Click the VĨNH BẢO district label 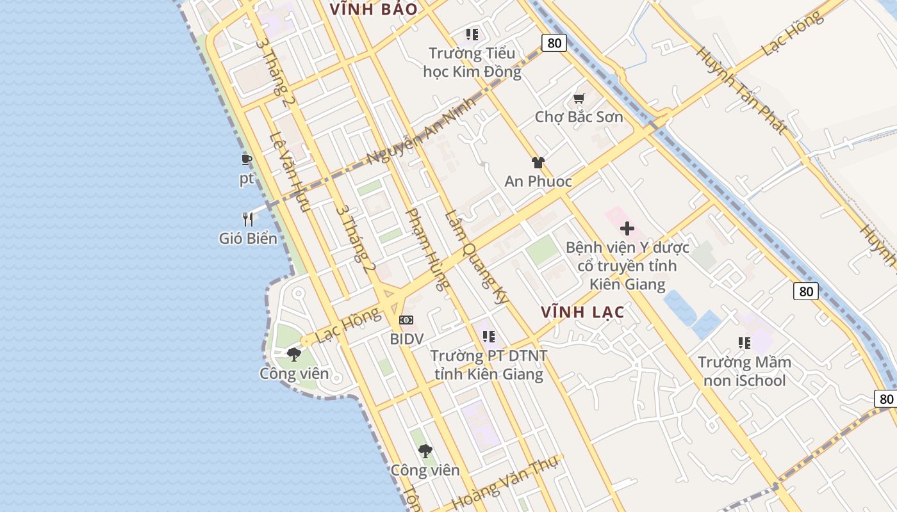coord(373,9)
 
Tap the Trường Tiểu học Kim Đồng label coord(472,62)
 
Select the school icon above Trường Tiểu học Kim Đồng coord(472,35)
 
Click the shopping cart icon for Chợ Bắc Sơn coord(579,99)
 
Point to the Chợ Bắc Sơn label coord(579,117)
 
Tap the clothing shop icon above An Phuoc coord(538,163)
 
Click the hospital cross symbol coord(627,228)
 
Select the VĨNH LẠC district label coord(582,312)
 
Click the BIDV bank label coord(407,339)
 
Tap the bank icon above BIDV coord(406,320)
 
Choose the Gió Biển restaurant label coord(248,239)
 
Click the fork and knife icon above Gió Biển coord(248,220)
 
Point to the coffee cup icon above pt coord(247,159)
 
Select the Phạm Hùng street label coord(428,248)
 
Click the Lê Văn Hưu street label coord(290,172)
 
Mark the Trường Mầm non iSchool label coord(745,371)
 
